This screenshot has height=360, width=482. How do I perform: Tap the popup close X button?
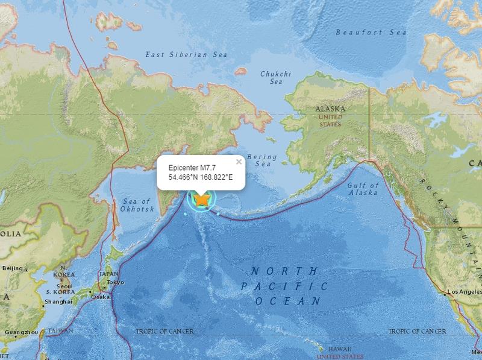pyautogui.click(x=239, y=162)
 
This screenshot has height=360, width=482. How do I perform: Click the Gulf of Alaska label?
pyautogui.click(x=364, y=189)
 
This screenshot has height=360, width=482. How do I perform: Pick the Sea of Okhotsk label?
pyautogui.click(x=136, y=205)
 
